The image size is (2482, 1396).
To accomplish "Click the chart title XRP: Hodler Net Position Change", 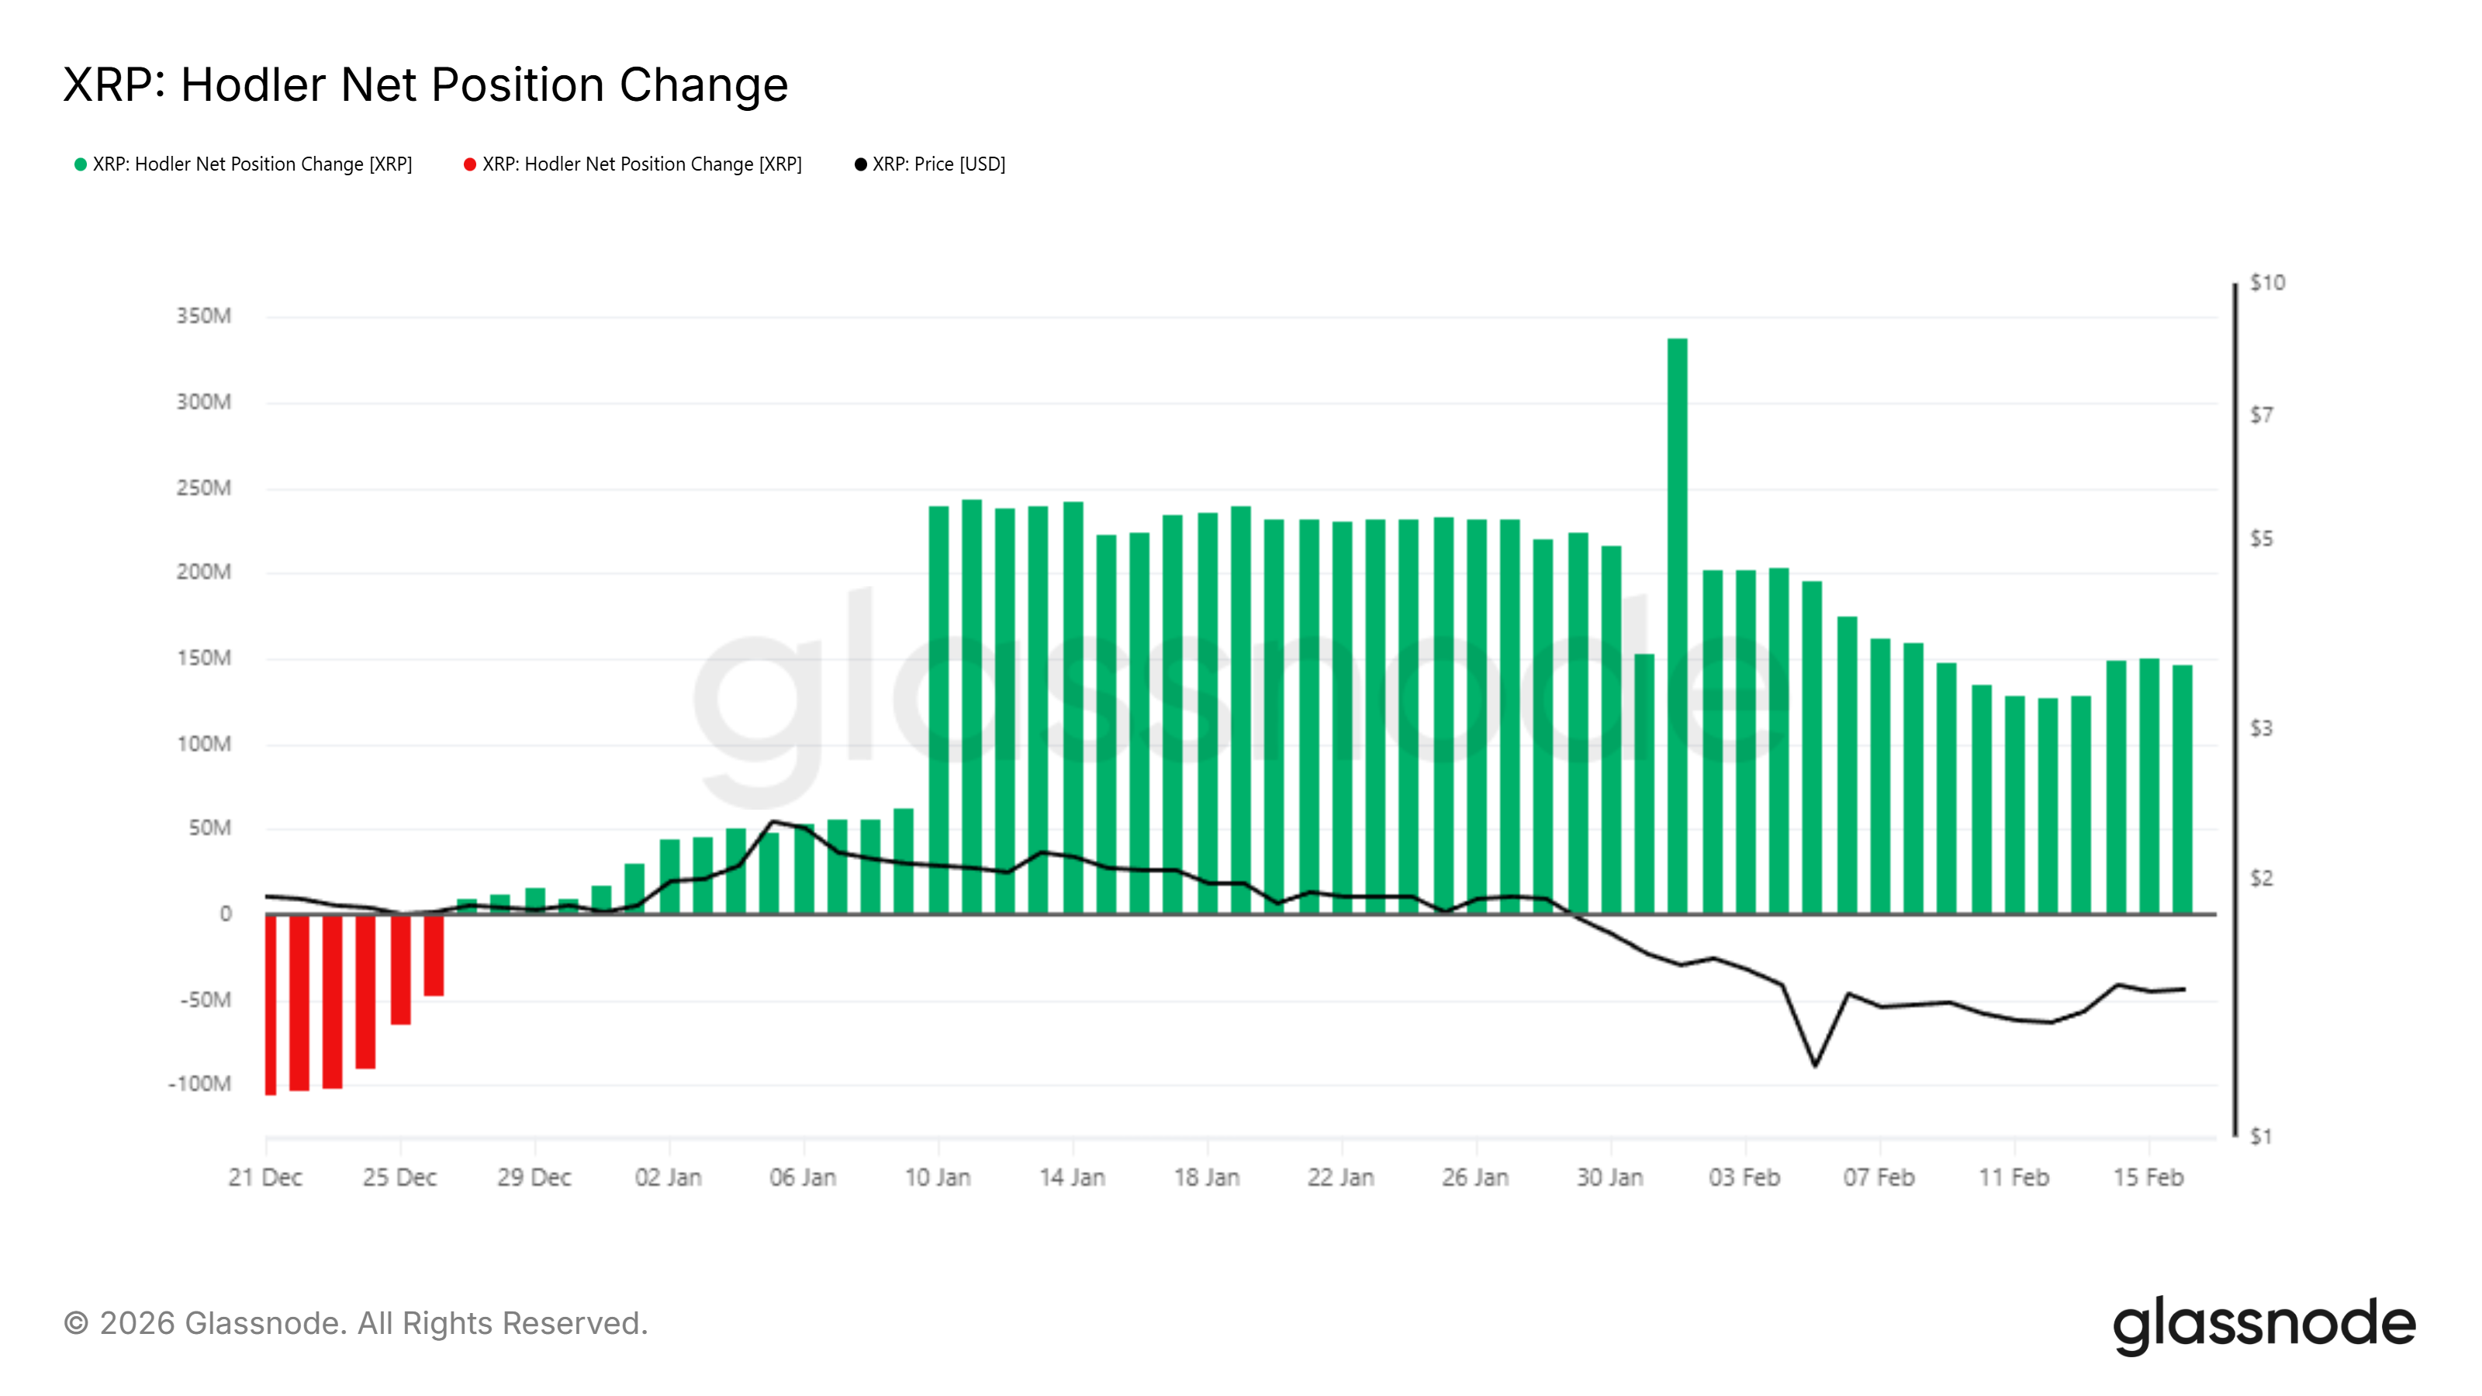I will (x=425, y=85).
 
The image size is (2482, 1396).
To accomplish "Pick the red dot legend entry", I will (x=633, y=164).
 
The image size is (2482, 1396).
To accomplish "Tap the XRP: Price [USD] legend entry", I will (x=930, y=164).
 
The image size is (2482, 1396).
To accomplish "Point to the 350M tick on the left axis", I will (x=203, y=316).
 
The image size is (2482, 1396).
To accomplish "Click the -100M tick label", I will (x=200, y=1084).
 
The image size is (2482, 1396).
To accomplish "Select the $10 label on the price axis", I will (x=2266, y=282).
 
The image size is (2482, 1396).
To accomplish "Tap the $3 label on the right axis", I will (x=2260, y=728).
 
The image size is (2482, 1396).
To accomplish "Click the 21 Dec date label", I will (x=265, y=1177).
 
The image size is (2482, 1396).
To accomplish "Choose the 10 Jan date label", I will (x=938, y=1177).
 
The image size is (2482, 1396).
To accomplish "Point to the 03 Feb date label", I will (x=1744, y=1177).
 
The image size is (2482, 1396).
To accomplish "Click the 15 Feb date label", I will (x=2148, y=1177).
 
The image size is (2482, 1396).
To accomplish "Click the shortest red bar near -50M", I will (x=434, y=955).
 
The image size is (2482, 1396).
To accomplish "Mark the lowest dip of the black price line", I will (x=1815, y=1065).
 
